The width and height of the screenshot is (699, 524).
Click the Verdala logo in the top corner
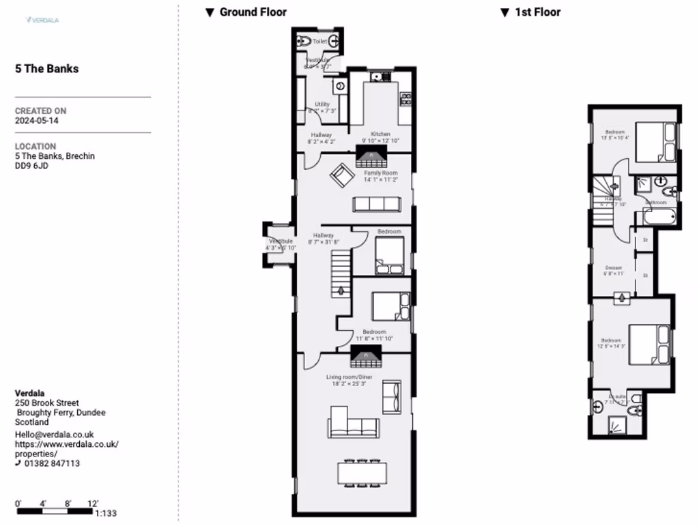(x=42, y=20)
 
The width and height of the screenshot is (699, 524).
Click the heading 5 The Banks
(x=46, y=69)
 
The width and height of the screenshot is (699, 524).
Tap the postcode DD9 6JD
(x=33, y=166)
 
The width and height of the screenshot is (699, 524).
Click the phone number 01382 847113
(x=51, y=463)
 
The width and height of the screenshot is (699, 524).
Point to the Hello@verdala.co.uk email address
(x=54, y=435)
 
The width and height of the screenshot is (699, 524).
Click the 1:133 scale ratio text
(x=107, y=514)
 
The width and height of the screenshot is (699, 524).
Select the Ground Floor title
(x=253, y=12)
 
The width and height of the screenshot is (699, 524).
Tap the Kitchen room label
(x=380, y=134)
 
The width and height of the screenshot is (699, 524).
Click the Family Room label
(x=380, y=173)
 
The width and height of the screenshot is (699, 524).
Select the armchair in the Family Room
(x=341, y=177)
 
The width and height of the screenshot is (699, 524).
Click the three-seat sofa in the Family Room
(x=376, y=204)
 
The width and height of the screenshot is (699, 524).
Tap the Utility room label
(x=322, y=104)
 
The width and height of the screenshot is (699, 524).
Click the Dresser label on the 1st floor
(x=613, y=267)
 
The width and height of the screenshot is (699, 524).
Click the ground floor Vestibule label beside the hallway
(x=281, y=242)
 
